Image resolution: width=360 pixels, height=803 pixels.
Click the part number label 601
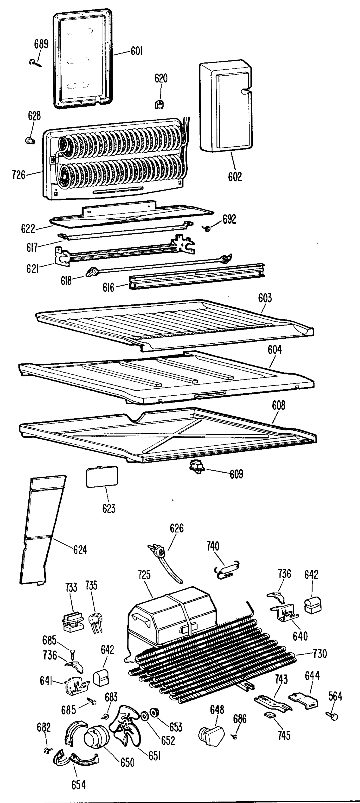(136, 51)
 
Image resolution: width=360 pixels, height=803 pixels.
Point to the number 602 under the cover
(235, 176)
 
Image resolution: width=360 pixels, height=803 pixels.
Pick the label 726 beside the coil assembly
(19, 175)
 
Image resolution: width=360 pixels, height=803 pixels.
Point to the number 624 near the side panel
(80, 549)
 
